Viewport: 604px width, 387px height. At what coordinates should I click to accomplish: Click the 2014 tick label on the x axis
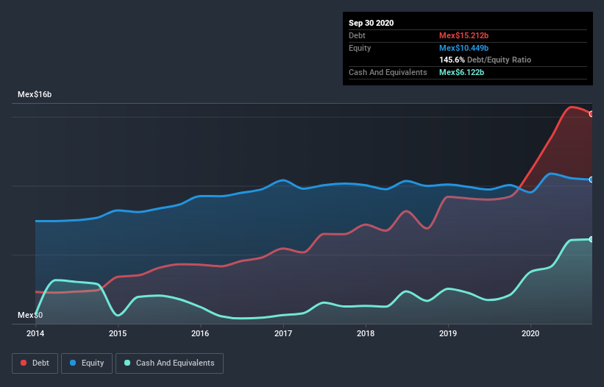(35, 333)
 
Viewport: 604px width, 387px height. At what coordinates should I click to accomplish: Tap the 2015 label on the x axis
(118, 333)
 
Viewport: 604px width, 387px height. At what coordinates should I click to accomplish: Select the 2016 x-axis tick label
(200, 333)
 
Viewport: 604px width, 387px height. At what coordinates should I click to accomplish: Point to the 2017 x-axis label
(283, 333)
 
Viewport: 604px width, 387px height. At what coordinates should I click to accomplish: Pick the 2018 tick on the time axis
(366, 333)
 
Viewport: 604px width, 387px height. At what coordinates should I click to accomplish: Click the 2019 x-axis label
(448, 333)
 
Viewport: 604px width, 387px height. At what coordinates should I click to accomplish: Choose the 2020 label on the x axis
(530, 333)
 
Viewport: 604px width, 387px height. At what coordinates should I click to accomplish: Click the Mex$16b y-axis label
(35, 95)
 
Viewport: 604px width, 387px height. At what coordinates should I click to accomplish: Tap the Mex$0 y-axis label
(30, 315)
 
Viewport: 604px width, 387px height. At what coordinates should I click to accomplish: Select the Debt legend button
(34, 363)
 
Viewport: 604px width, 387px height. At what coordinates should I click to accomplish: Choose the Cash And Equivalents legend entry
(169, 363)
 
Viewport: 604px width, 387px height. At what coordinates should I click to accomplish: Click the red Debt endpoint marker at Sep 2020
(591, 114)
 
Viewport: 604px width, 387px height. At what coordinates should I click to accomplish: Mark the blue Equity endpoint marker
(591, 180)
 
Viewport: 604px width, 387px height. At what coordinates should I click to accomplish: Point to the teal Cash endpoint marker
(591, 239)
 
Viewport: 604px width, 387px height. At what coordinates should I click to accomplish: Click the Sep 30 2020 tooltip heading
(372, 23)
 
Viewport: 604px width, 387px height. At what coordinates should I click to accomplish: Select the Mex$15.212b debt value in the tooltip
(464, 35)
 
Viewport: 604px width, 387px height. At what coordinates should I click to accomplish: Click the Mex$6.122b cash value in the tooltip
(461, 72)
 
